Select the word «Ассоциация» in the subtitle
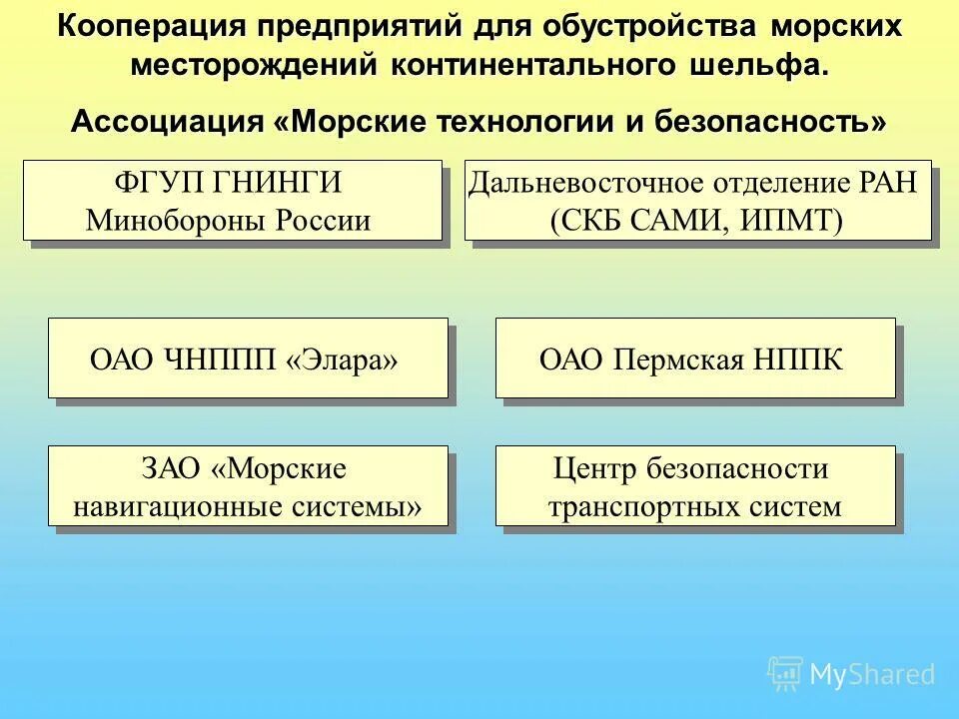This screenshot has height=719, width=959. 166,123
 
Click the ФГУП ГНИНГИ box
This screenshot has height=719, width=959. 232,200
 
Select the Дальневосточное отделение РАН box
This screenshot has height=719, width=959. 697,200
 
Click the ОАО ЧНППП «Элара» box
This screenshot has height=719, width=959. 248,358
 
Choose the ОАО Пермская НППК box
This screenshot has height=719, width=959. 695,358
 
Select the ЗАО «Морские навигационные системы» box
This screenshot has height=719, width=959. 248,485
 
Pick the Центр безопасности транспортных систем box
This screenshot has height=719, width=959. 695,485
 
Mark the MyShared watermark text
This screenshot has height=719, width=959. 873,674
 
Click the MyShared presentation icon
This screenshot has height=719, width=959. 785,673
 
